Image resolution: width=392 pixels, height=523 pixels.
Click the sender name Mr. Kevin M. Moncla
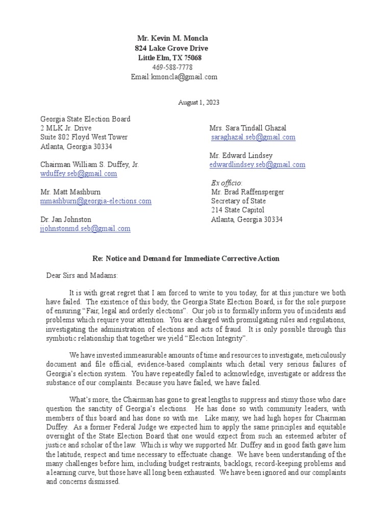(x=173, y=39)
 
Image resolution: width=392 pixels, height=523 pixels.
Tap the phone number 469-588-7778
(x=173, y=67)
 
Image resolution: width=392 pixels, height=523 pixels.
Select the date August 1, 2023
(x=199, y=103)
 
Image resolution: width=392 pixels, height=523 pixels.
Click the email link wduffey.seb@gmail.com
(x=79, y=174)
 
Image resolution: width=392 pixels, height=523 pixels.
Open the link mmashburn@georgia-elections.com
(x=96, y=201)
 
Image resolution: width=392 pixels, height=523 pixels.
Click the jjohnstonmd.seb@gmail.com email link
(x=85, y=229)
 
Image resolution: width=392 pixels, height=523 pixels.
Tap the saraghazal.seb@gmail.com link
(x=253, y=137)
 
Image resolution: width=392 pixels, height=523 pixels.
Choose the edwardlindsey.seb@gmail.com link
(x=257, y=164)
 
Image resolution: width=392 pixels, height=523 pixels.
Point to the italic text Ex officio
(x=227, y=183)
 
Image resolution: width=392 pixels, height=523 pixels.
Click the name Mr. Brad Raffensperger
(x=248, y=192)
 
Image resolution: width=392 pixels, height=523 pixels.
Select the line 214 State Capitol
(x=238, y=210)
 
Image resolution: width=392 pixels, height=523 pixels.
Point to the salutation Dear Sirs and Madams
(x=79, y=276)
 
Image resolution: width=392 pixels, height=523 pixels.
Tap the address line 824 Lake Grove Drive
(x=171, y=48)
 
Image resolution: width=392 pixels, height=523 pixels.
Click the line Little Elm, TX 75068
(x=170, y=58)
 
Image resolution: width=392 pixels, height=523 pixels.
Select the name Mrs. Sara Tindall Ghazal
(x=249, y=128)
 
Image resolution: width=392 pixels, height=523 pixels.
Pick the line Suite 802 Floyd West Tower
(x=84, y=137)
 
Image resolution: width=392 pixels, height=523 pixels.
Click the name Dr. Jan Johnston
(x=66, y=220)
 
